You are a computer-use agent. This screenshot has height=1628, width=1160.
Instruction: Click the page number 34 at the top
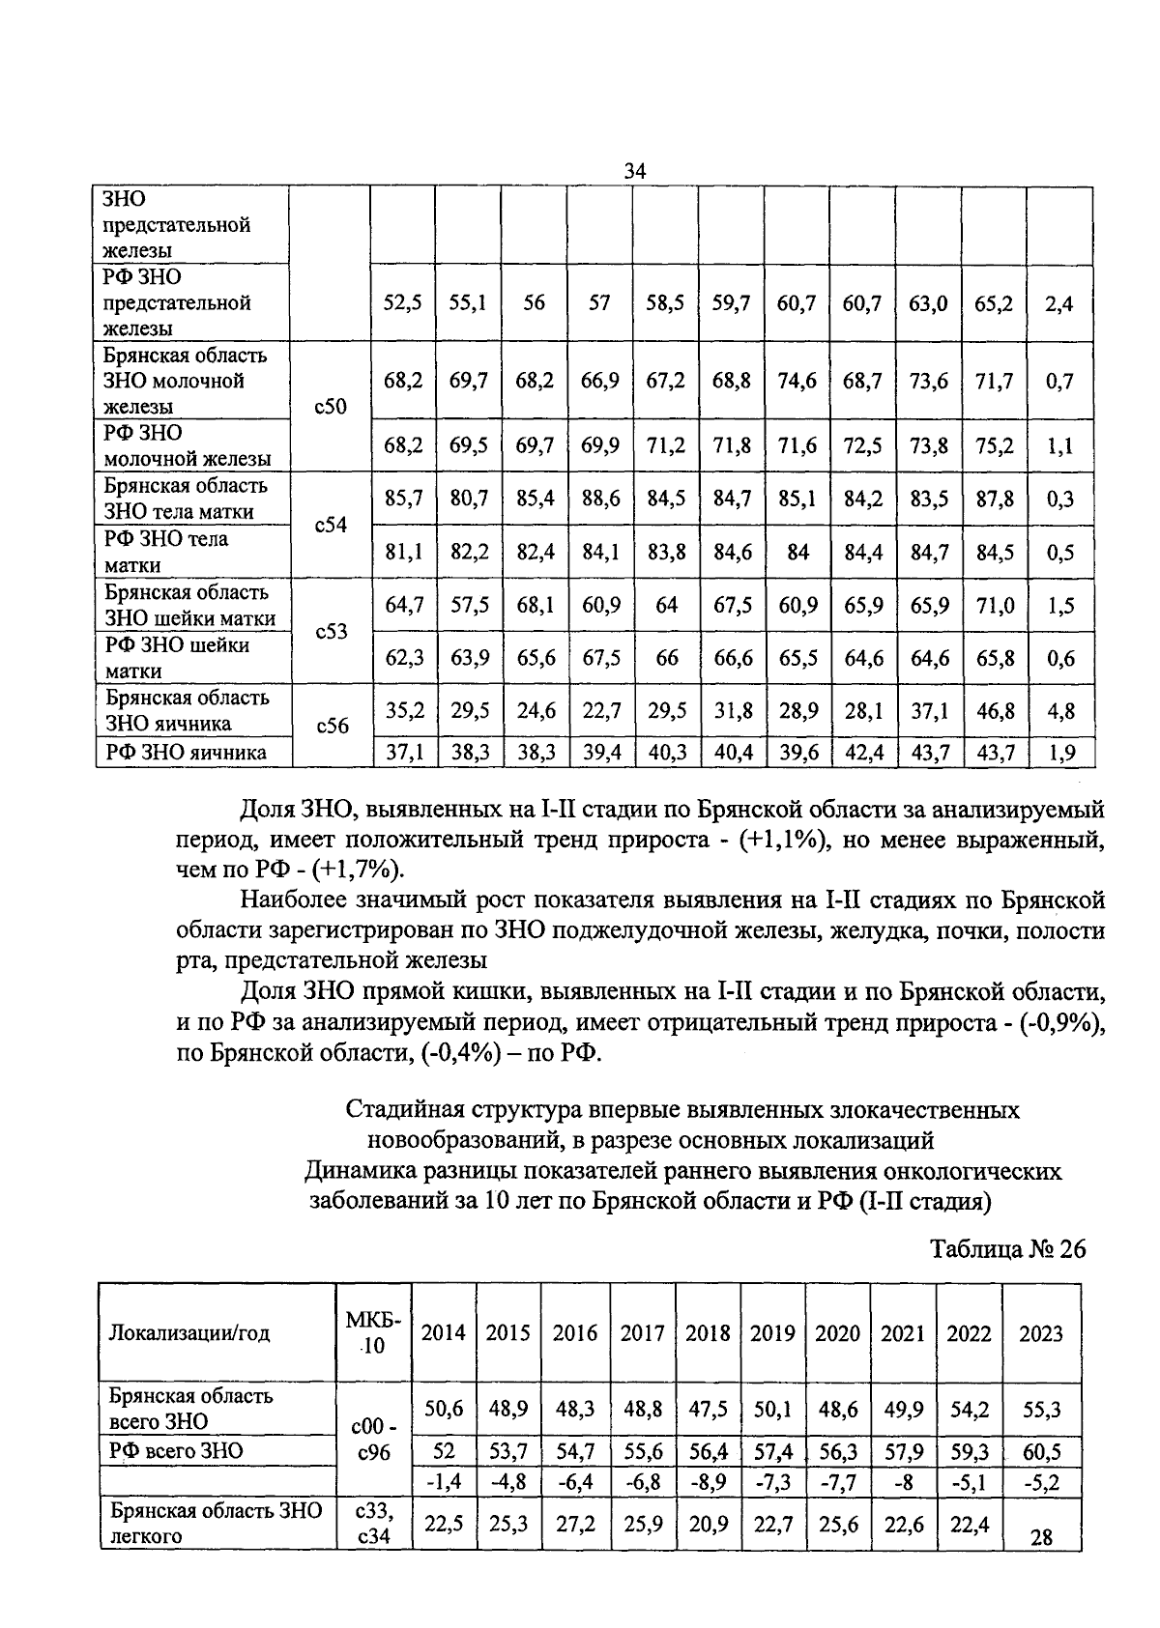tap(634, 171)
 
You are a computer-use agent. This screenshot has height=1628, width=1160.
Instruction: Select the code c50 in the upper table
tap(331, 407)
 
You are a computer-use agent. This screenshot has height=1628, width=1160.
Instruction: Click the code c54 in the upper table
tap(331, 527)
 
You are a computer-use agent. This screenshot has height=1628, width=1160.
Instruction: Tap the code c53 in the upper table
tap(331, 633)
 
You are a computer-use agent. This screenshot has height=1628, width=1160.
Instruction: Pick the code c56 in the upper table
tap(331, 726)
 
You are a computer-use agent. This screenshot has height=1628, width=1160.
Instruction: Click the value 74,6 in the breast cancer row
tap(797, 381)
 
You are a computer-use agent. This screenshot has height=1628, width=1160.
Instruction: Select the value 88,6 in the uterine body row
tap(600, 500)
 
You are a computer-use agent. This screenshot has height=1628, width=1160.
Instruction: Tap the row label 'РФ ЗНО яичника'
tap(186, 753)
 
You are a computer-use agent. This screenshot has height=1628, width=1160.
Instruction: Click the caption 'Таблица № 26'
tap(1007, 1249)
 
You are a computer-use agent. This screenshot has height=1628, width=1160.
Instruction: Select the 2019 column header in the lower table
tap(772, 1333)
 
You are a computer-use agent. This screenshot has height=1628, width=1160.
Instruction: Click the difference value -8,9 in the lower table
tap(708, 1481)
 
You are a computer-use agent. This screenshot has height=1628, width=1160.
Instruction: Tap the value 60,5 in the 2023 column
tap(1040, 1452)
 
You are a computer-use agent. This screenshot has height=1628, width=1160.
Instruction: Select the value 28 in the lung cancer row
tap(1040, 1537)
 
